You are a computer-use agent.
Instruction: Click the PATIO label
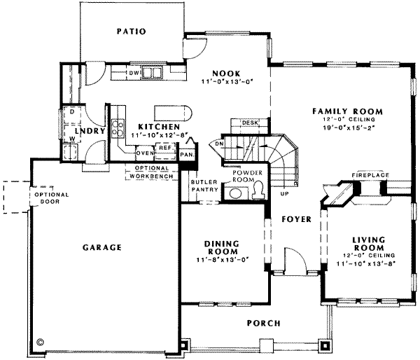[132, 32]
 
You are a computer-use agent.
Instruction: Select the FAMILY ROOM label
[346, 111]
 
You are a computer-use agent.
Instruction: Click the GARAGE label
[102, 247]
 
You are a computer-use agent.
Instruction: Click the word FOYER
[296, 219]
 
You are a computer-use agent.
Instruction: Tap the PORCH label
[263, 323]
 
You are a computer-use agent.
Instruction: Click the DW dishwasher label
[134, 73]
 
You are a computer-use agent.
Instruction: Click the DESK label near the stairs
[248, 123]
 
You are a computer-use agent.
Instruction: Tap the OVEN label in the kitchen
[144, 152]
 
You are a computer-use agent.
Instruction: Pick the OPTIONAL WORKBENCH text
[150, 172]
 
